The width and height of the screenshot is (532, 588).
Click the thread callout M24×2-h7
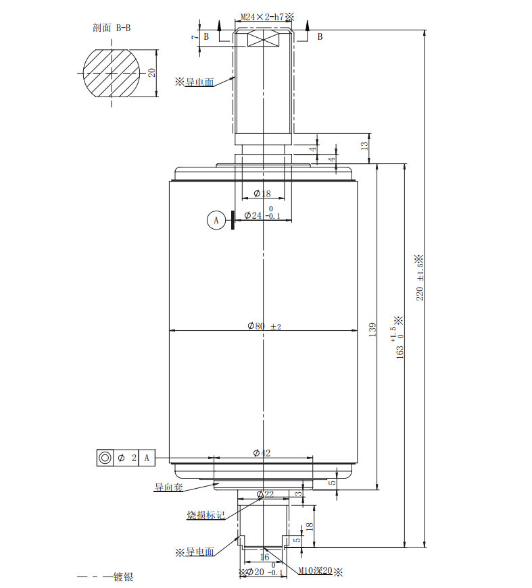[x=264, y=16]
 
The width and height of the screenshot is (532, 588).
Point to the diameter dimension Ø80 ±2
[x=264, y=326]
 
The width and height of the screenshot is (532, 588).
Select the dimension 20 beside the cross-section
[x=152, y=72]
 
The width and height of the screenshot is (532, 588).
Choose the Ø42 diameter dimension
[x=262, y=453]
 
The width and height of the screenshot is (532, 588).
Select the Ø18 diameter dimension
[x=262, y=194]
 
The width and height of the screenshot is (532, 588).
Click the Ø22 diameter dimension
[x=264, y=495]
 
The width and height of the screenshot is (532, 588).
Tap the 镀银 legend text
[x=122, y=577]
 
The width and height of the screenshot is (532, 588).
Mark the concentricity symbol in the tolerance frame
[x=105, y=458]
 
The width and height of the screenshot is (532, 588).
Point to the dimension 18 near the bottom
[x=310, y=527]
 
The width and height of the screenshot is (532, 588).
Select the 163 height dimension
[x=400, y=344]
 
